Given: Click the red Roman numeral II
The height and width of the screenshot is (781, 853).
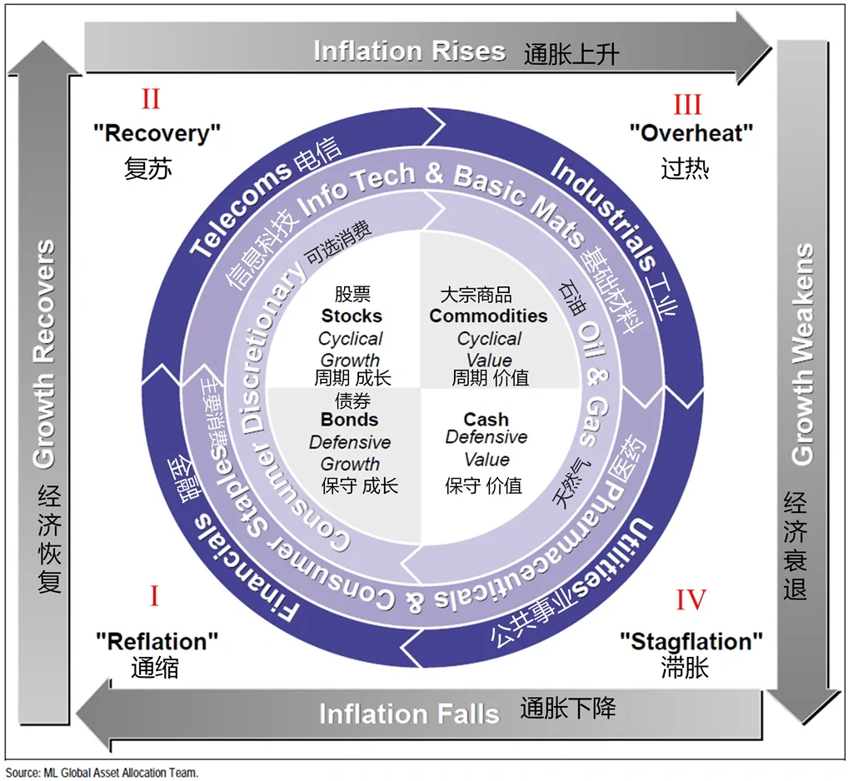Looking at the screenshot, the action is (x=151, y=99).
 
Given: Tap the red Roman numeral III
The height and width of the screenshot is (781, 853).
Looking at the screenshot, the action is (x=687, y=104).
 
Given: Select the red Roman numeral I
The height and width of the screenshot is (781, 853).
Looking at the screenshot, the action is (x=154, y=596).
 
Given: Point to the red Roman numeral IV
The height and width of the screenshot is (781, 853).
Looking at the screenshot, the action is (x=691, y=599).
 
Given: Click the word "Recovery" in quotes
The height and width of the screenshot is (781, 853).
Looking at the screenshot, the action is (x=157, y=133).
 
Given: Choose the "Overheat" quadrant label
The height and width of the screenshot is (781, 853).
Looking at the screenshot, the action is (x=691, y=133).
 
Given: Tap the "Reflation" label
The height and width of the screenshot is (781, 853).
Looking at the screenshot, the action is (x=157, y=642).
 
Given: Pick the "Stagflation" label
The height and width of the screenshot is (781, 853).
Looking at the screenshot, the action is (x=691, y=642).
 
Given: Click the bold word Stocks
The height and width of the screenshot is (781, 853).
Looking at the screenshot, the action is (x=352, y=316).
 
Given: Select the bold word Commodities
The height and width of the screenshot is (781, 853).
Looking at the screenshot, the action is (x=488, y=316).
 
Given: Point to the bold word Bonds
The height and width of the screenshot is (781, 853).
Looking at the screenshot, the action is (x=349, y=420).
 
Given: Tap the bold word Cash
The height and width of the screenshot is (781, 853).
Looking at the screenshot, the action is (x=486, y=420).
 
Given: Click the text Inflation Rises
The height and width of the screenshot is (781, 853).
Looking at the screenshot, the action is (x=410, y=51).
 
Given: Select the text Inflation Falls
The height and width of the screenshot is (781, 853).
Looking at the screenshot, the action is (x=409, y=714).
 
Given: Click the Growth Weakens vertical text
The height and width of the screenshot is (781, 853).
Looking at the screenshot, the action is (x=802, y=354).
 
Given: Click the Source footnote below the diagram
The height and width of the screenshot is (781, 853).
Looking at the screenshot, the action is (x=102, y=773).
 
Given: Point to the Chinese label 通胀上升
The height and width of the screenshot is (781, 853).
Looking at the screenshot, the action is (x=571, y=54).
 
